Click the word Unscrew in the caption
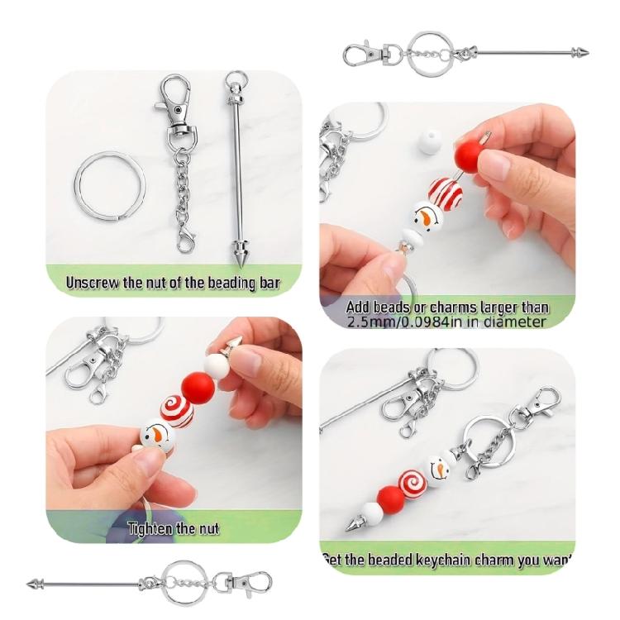[93, 284]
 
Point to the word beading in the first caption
[232, 284]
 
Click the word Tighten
[149, 528]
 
